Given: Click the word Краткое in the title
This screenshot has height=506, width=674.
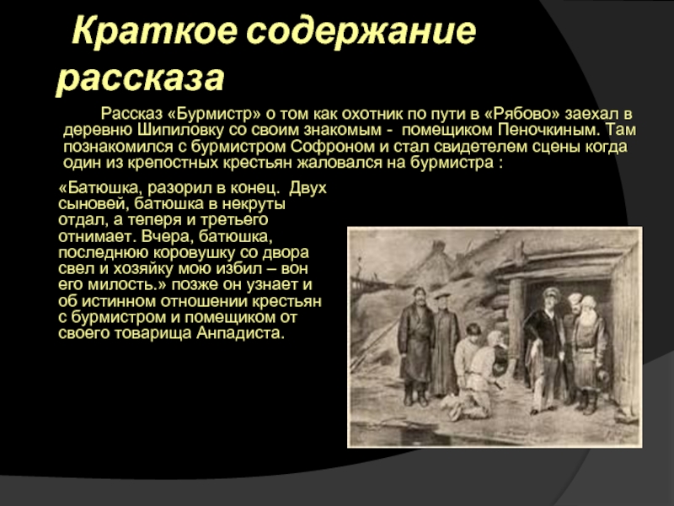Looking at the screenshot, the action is tap(155, 31).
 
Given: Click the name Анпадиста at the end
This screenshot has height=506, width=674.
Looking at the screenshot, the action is tap(240, 333).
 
